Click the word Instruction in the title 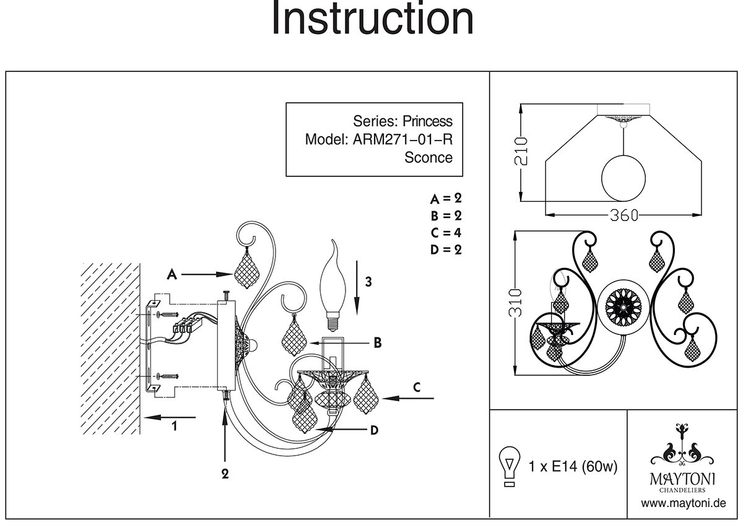click(372, 20)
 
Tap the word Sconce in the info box click(428, 157)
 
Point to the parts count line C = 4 click(446, 233)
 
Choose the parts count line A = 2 click(446, 199)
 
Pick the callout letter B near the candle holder click(377, 342)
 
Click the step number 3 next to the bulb click(368, 282)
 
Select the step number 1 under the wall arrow click(175, 426)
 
